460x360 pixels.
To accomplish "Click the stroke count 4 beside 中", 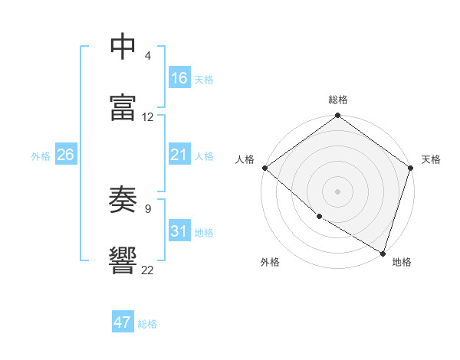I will click(x=148, y=56).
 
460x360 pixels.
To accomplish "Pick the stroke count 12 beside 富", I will click(x=148, y=117).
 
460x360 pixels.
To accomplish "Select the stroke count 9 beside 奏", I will click(x=148, y=208).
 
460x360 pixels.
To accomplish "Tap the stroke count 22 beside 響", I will click(x=148, y=270).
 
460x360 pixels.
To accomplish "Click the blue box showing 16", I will click(x=179, y=78).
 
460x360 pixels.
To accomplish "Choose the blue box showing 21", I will click(x=179, y=155).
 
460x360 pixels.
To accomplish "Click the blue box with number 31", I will click(x=179, y=231).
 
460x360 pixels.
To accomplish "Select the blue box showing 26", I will click(x=65, y=155).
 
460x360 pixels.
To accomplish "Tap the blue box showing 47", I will click(x=123, y=322).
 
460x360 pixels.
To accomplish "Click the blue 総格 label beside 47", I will click(x=147, y=324).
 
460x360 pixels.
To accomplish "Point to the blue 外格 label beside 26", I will click(x=41, y=156).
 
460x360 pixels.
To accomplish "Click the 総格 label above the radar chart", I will click(x=338, y=100).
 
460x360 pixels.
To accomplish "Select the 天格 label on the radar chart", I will click(x=431, y=159).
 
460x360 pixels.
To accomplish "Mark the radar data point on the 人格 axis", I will click(x=264, y=168).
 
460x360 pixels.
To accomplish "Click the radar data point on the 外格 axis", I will click(x=319, y=217).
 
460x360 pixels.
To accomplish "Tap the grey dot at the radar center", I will click(x=338, y=191).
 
